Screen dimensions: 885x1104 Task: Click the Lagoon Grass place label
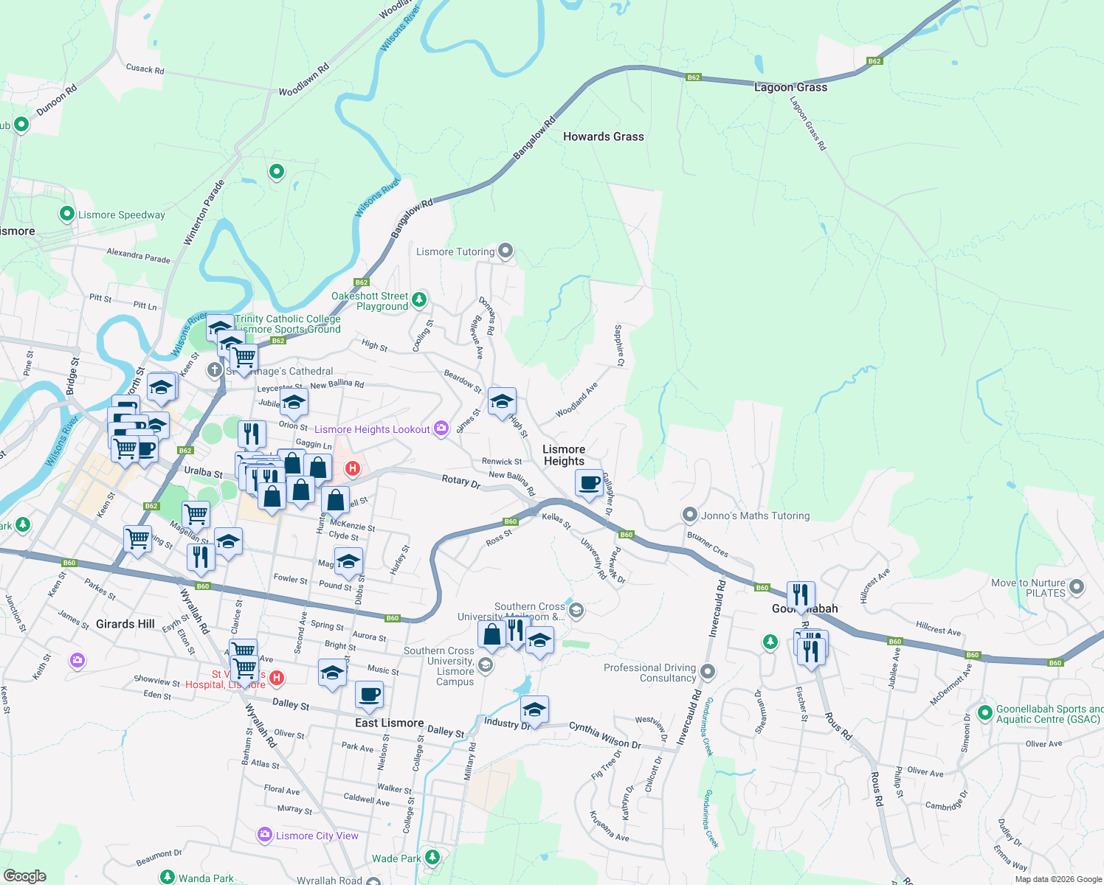click(790, 87)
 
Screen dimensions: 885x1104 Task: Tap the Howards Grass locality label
click(603, 136)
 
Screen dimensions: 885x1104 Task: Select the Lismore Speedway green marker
click(66, 214)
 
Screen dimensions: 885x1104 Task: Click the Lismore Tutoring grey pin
click(506, 251)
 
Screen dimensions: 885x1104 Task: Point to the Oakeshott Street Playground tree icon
click(419, 299)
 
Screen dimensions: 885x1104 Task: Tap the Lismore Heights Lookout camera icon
click(441, 428)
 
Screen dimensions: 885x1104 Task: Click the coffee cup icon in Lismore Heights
click(589, 483)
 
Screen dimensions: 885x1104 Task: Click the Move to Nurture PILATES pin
click(1077, 587)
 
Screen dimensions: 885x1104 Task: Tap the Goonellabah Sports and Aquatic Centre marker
click(984, 713)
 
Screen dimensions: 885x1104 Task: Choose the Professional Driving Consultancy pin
click(708, 671)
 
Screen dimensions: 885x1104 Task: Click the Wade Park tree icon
click(432, 857)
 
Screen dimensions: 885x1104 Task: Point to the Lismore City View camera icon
click(265, 835)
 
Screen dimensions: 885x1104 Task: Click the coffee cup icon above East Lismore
click(369, 694)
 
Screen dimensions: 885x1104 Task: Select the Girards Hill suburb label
click(125, 624)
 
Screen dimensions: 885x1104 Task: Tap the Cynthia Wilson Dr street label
click(604, 735)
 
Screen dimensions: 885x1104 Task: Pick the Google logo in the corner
click(25, 876)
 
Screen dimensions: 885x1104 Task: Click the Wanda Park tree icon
click(168, 878)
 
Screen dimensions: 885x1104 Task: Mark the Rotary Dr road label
click(461, 481)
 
